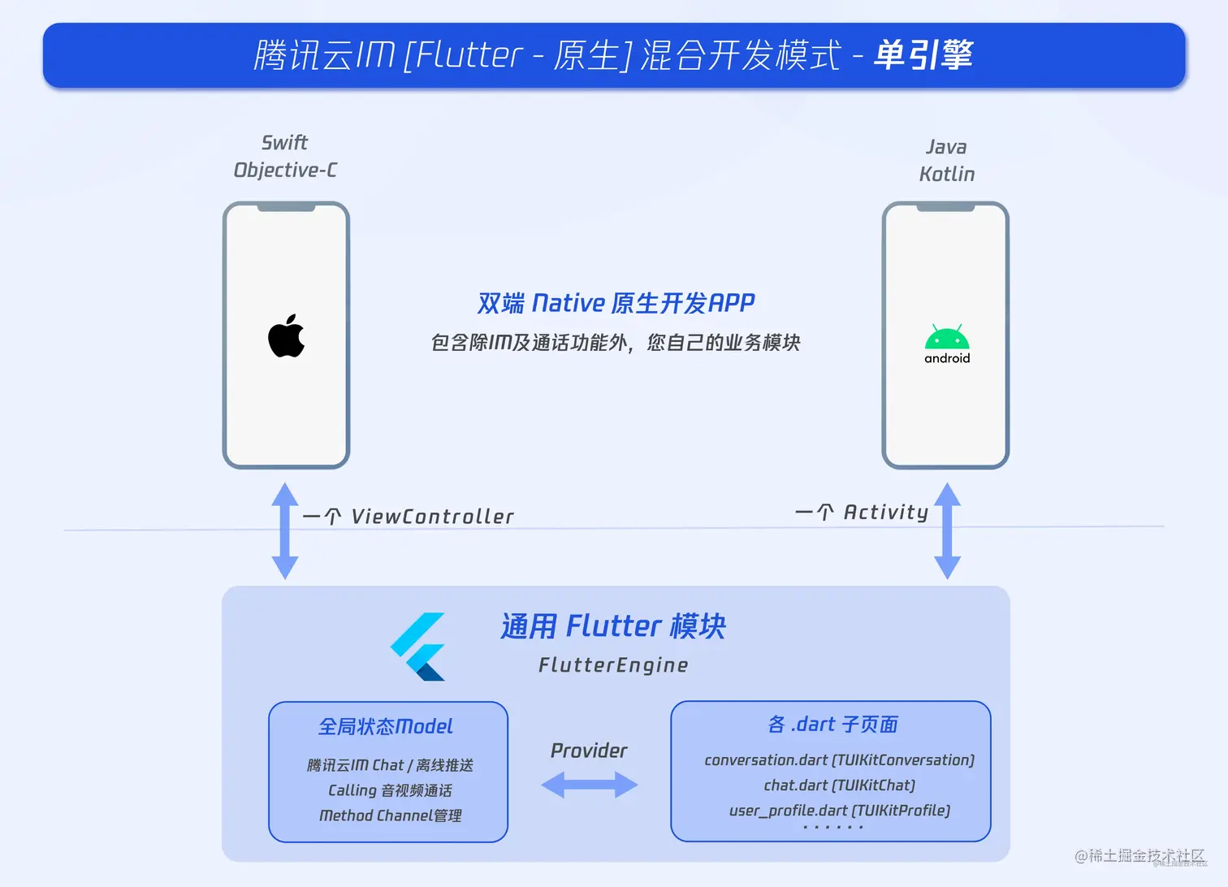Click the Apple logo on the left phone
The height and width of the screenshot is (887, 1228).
[286, 336]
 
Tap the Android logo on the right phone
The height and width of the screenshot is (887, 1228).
[947, 344]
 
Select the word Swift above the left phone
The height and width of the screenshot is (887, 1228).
[284, 143]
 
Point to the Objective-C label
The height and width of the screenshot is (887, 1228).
[285, 170]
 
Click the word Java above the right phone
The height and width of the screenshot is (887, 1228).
[946, 147]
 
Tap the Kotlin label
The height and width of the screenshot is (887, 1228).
[947, 174]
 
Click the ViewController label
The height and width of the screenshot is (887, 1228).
[432, 517]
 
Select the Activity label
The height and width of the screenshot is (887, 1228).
[885, 512]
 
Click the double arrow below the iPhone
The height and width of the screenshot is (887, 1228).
[284, 530]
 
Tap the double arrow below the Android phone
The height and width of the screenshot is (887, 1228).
[947, 530]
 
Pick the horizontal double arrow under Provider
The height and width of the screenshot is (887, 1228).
[590, 785]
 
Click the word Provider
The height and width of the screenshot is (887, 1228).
[589, 751]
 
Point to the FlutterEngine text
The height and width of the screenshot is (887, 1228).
[613, 665]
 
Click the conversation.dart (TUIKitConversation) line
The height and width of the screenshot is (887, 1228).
[839, 760]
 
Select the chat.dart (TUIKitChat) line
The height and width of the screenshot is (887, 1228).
[839, 785]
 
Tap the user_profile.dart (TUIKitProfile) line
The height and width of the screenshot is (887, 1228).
[839, 811]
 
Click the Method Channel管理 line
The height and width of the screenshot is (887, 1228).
[390, 816]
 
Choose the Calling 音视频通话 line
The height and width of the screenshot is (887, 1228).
[390, 790]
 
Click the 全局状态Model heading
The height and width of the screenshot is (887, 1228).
[385, 726]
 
